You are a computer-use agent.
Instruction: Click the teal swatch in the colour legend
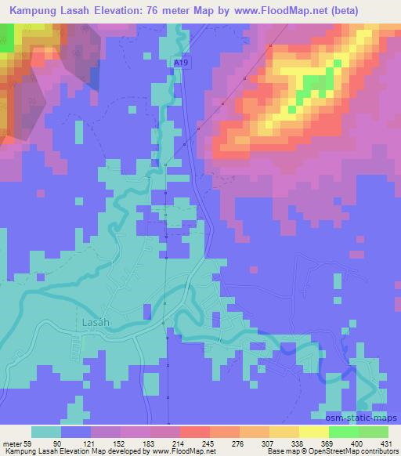[x=45, y=431]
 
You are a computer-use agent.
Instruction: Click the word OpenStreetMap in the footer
[x=322, y=451]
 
